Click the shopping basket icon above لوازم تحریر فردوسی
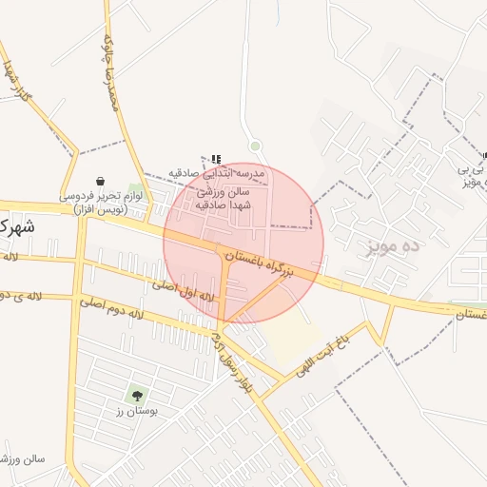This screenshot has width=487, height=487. click(100, 181)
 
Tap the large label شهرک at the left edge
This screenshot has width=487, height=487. click(16, 227)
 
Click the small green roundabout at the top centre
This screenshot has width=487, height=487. click(255, 146)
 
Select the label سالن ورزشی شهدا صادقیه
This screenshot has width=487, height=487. click(223, 198)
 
